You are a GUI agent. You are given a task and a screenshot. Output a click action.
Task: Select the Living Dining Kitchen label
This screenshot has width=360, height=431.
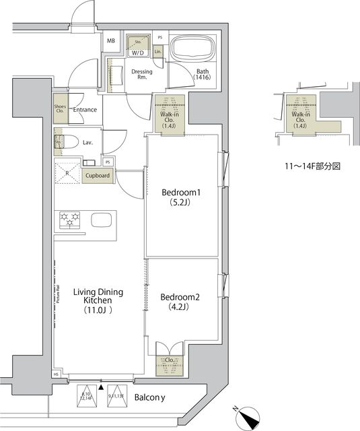coord(98,300)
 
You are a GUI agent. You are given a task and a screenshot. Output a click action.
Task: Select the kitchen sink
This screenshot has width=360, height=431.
coord(102,220)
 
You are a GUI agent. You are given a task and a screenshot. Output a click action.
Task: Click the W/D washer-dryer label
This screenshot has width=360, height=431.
coord(138,52)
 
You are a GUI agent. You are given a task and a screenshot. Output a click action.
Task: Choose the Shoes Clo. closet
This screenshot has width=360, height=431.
coord(60,110)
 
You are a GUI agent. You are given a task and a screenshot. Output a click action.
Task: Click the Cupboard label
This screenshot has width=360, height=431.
coord(98,176)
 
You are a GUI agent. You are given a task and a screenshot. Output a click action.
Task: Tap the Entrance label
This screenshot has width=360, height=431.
coord(85,110)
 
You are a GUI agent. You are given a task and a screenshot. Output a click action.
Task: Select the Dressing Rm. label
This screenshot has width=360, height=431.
coord(142,75)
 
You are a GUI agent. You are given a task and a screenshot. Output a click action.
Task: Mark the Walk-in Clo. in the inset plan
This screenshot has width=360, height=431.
coord(299,119)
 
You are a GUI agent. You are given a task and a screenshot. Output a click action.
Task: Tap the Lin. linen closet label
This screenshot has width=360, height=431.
coord(157,51)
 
